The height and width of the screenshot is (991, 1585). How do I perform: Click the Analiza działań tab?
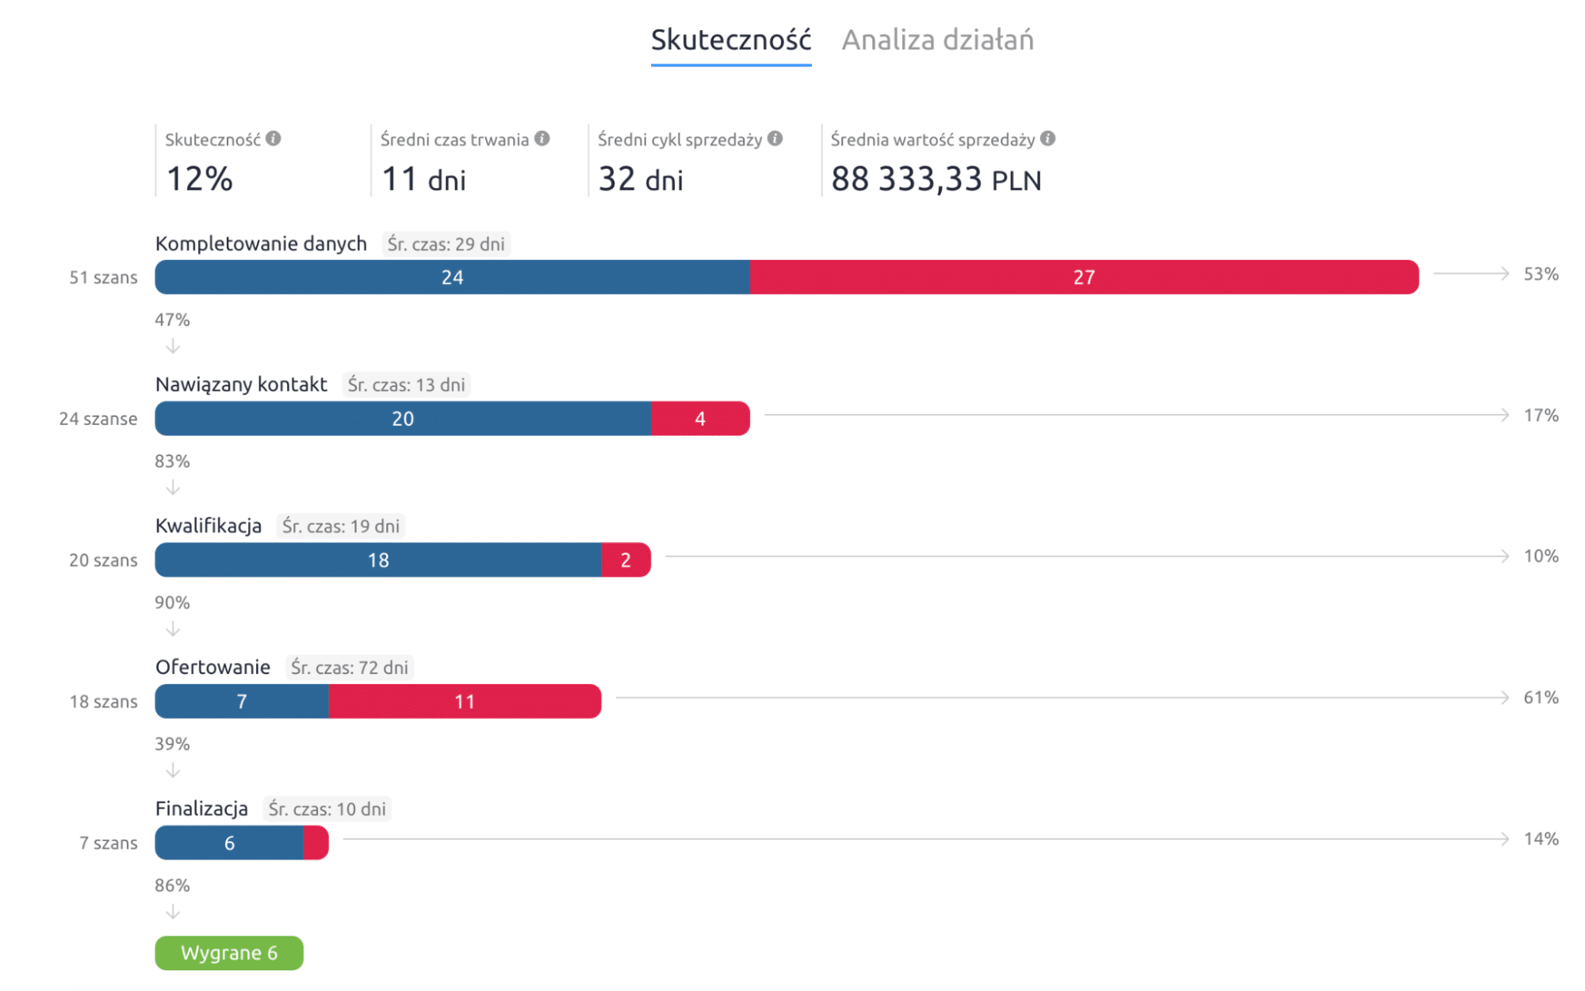click(x=937, y=40)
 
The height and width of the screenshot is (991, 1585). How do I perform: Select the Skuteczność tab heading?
click(x=730, y=40)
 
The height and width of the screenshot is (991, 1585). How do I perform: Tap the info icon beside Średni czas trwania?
click(x=542, y=139)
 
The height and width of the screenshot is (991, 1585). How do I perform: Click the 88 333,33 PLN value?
click(x=936, y=179)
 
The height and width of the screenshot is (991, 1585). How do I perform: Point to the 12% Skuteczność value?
click(x=199, y=179)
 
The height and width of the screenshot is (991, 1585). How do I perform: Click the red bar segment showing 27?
click(x=1083, y=277)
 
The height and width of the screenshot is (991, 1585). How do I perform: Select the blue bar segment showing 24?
click(x=452, y=277)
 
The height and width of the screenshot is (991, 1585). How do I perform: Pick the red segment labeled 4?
click(x=700, y=419)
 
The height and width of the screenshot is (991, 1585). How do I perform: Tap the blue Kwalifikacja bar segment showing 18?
click(x=378, y=561)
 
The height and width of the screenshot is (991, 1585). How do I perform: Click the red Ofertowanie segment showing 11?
click(x=465, y=702)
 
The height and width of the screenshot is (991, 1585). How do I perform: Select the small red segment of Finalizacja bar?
click(x=316, y=843)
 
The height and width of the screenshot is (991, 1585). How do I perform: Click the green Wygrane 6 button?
click(x=228, y=953)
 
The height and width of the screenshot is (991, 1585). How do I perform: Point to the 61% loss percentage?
click(x=1541, y=698)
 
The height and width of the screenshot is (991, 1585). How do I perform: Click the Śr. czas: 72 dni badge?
click(x=349, y=668)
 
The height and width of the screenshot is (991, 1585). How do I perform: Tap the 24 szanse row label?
click(x=98, y=419)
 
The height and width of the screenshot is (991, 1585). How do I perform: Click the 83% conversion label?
click(x=172, y=461)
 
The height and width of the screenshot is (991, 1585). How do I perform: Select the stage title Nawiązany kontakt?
click(x=241, y=385)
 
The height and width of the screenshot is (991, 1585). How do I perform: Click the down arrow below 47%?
click(x=173, y=346)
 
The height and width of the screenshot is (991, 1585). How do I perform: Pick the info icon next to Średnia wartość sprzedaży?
click(x=1047, y=139)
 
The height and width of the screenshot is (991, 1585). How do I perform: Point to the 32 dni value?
click(x=640, y=179)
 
